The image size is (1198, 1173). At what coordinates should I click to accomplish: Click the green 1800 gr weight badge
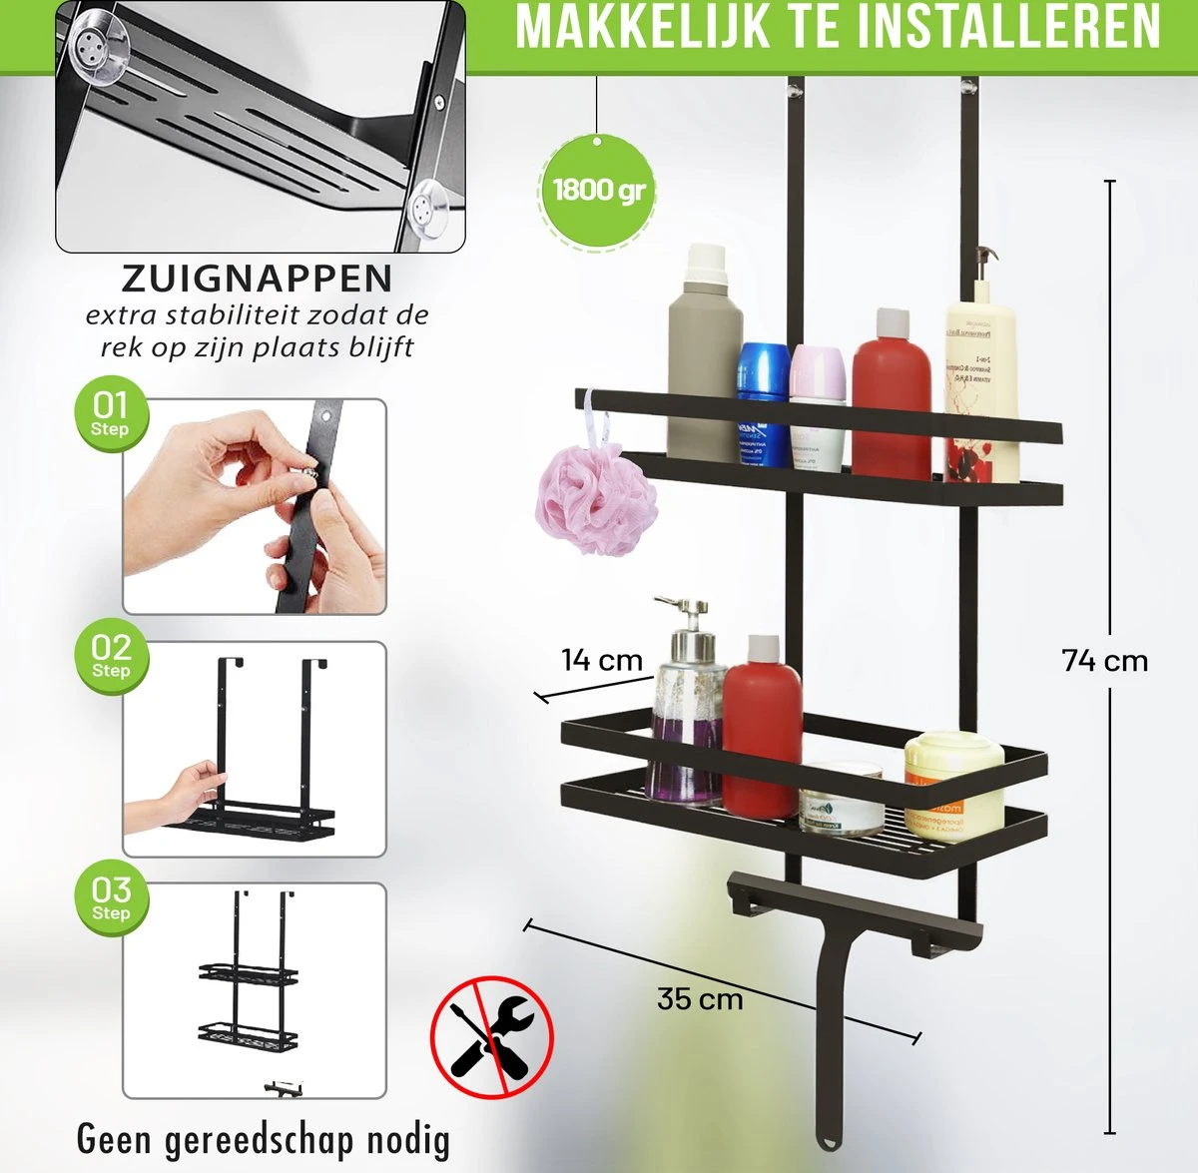click(x=598, y=189)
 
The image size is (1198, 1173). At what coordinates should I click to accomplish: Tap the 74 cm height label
click(x=1104, y=661)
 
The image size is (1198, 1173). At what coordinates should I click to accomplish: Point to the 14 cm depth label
click(x=601, y=660)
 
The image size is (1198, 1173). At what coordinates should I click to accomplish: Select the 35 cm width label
click(x=699, y=998)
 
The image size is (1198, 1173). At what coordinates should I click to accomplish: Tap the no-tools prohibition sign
click(x=491, y=1036)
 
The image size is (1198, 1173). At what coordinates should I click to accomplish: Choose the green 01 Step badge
click(x=110, y=415)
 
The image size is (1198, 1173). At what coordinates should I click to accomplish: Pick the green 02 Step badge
click(x=110, y=657)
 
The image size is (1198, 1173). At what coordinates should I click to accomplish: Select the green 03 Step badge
click(x=110, y=899)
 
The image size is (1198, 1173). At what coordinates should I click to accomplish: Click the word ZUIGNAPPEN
click(x=258, y=278)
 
